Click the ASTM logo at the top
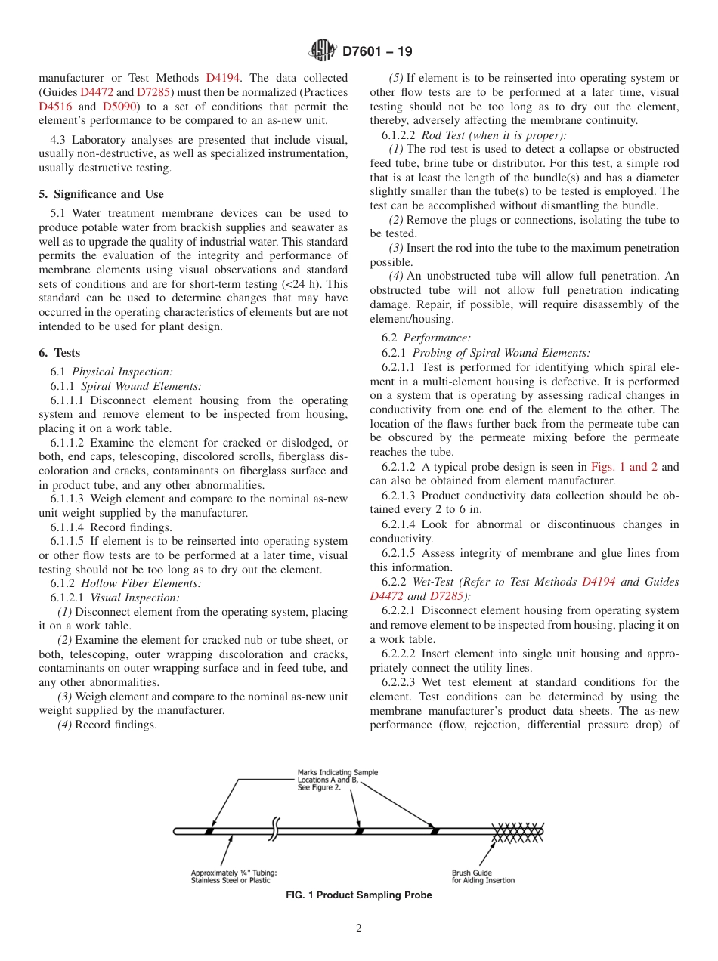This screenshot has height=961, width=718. [x=323, y=51]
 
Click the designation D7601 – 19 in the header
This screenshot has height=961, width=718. [x=377, y=52]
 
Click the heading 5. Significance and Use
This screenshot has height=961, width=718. [x=101, y=194]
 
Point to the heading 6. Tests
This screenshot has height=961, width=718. [x=60, y=353]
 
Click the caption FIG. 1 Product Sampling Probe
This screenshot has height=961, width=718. [x=359, y=895]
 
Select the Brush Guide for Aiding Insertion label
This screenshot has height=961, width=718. [x=483, y=876]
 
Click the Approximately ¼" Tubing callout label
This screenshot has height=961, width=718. [x=234, y=876]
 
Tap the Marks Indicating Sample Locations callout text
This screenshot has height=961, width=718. [x=337, y=780]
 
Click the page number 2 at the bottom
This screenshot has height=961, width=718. [x=359, y=929]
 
